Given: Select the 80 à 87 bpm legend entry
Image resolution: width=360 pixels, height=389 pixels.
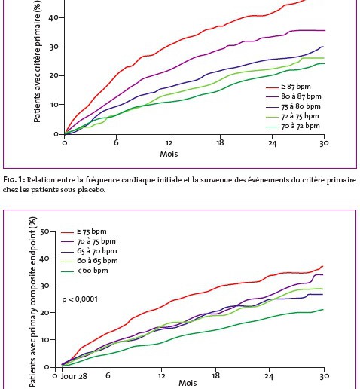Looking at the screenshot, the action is (x=294, y=96).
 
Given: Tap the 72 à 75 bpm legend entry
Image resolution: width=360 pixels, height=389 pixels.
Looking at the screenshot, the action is (x=292, y=116).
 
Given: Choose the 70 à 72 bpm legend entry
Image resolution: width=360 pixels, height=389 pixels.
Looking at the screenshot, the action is (x=293, y=126).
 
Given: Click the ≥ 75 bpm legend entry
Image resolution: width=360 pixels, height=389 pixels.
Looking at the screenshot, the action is (x=84, y=231).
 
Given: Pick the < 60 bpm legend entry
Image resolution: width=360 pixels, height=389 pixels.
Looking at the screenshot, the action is (x=84, y=271).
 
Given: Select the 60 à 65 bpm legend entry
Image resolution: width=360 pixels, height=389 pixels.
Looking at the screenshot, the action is (x=90, y=261).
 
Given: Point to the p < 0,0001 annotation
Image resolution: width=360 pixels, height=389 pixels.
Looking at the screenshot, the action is (x=80, y=299).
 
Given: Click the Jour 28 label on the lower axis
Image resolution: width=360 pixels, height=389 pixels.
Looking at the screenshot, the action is (x=74, y=376).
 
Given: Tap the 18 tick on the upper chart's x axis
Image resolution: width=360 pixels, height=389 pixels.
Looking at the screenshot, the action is (x=220, y=143).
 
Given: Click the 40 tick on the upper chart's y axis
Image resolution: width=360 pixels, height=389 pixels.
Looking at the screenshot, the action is (x=54, y=18).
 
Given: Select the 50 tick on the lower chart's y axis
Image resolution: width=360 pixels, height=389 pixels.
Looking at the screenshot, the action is (x=44, y=231).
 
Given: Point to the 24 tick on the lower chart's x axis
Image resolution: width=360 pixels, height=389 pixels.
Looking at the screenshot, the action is (x=269, y=376).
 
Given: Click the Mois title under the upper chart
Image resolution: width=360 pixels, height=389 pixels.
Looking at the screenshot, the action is (x=169, y=154).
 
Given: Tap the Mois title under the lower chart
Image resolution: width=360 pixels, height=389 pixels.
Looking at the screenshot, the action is (x=188, y=383).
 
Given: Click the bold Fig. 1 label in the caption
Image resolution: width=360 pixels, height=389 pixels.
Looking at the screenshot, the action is (x=14, y=180).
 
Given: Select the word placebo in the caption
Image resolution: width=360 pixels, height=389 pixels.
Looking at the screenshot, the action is (x=91, y=190).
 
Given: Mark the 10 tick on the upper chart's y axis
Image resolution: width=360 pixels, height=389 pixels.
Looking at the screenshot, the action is (x=54, y=105).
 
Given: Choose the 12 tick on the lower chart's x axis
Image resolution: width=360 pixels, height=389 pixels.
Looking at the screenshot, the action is (x=161, y=376).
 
